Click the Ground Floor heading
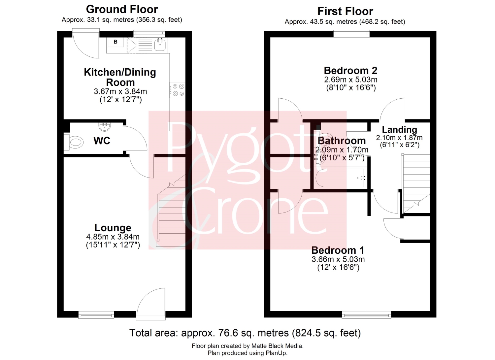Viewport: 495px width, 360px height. (122, 10)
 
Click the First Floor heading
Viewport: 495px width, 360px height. (345, 11)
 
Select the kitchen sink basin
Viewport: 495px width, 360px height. (160, 45)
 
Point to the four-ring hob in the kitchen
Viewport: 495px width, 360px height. (178, 90)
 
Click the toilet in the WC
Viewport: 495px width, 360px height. (73, 142)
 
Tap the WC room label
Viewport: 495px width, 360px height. (102, 141)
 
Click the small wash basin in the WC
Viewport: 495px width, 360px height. (105, 127)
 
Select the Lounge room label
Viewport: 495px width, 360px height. (113, 228)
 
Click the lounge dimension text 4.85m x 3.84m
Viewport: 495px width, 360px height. (113, 237)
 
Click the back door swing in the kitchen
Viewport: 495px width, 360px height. (86, 44)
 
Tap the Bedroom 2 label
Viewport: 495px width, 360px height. (350, 71)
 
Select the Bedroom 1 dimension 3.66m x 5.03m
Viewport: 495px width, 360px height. (338, 259)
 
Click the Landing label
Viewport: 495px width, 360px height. (400, 129)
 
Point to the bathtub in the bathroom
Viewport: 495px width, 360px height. (340, 178)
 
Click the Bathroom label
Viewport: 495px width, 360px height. (342, 141)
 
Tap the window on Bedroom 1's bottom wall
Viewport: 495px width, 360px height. (366, 314)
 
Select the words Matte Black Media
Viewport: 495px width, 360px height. (277, 346)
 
